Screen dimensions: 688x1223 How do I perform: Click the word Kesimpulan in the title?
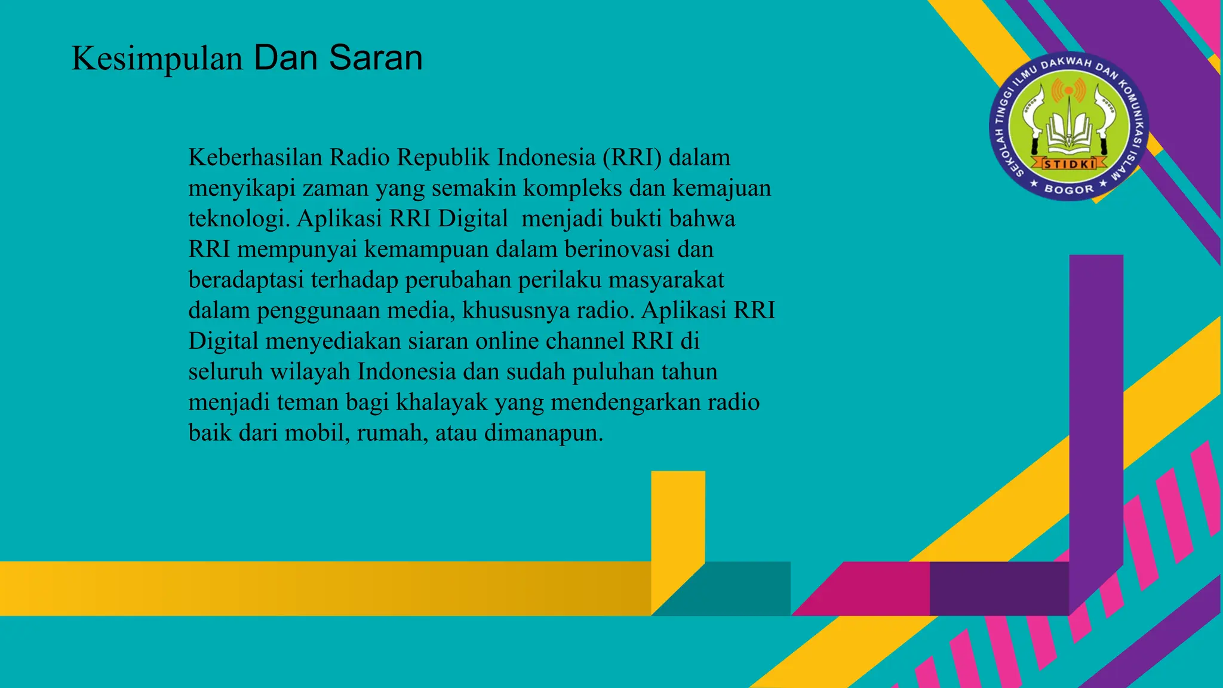157,59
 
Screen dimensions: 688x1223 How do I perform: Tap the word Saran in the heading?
376,58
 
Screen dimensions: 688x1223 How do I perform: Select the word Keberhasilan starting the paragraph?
256,158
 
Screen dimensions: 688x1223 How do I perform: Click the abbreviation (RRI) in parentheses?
632,158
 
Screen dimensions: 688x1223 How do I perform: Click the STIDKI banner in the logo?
1069,163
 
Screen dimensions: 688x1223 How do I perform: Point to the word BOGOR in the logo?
1069,189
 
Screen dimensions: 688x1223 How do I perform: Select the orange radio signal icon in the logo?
1068,90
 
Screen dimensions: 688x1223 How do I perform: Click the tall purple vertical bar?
1096,406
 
